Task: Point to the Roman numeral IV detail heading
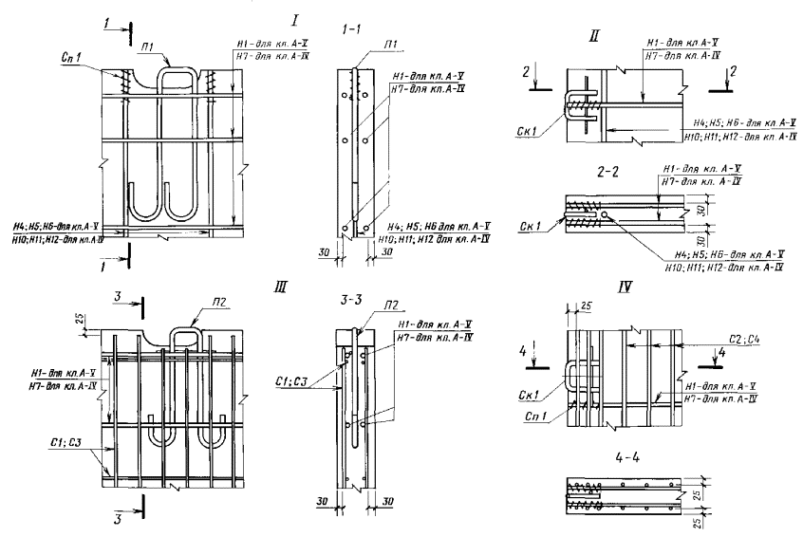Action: [x=596, y=285]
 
